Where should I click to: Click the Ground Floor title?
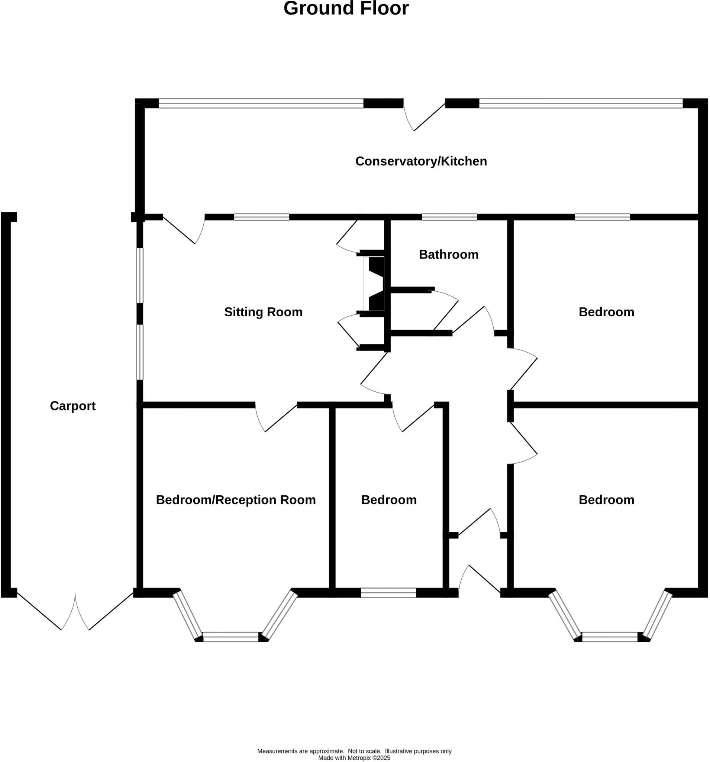(346, 9)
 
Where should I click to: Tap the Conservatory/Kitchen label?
(421, 161)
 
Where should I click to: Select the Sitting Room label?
(263, 312)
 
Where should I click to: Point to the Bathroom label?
(448, 254)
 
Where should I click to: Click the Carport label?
(72, 406)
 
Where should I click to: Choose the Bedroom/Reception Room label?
(236, 500)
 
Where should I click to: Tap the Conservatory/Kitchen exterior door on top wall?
(423, 115)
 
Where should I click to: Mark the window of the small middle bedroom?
(388, 593)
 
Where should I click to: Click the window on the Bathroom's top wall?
(449, 217)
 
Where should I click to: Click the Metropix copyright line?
(354, 758)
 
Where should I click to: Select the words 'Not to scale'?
(364, 751)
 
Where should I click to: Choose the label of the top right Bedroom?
(606, 312)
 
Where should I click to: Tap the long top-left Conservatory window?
(261, 103)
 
